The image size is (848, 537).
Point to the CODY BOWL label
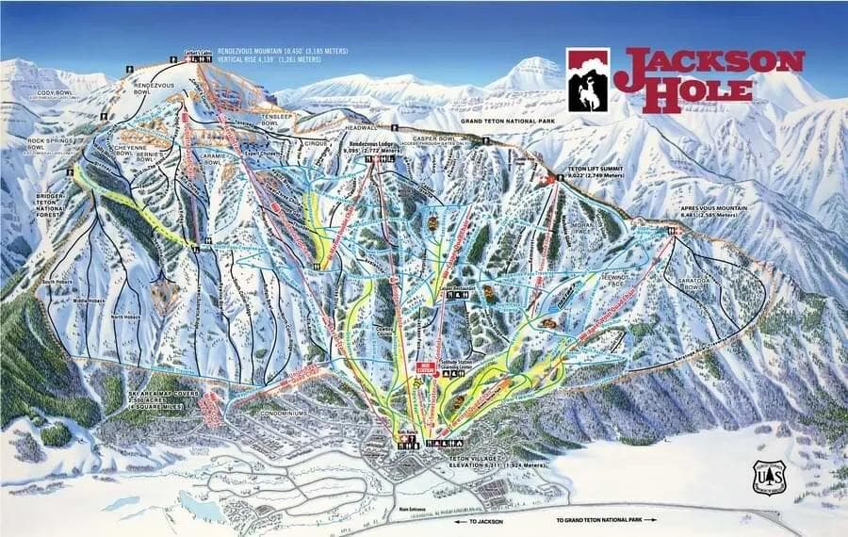point(56,92)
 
